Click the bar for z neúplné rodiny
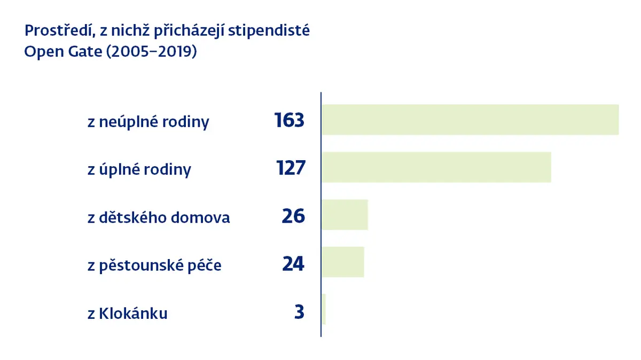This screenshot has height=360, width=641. pos(470,120)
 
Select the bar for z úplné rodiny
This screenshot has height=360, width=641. pos(436,167)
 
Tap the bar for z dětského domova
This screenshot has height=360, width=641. pos(345,215)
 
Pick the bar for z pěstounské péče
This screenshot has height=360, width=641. pos(343,262)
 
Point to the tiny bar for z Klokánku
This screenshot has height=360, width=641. pos(324,309)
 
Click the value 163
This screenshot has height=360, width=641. pos(289,120)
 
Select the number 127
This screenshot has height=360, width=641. pos(291,168)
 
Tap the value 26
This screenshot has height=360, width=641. pos(293,216)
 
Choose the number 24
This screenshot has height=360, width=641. pos(293,263)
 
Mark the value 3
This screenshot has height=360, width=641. pos(299,311)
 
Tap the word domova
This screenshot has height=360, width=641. pos(200,217)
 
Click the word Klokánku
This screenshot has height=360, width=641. pos(133,313)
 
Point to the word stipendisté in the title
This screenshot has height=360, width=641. pos(269,31)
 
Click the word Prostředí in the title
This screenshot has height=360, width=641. pos(60,30)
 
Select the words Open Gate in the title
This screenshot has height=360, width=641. pos(63,52)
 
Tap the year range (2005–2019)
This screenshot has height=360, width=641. pos(152,52)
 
